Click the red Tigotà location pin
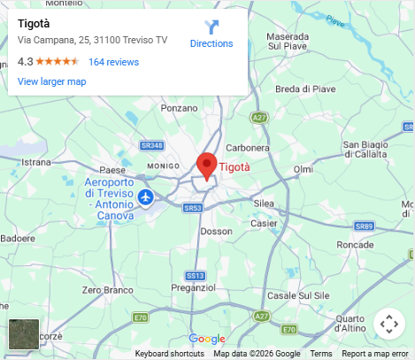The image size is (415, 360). coord(207,165)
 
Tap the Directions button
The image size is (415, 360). coord(211,34)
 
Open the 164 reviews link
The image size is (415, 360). coord(113,62)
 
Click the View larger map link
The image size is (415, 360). coord(51,81)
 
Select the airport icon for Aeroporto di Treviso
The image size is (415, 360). coord(145,196)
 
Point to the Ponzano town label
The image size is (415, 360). coord(180,108)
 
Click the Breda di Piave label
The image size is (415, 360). coord(305,88)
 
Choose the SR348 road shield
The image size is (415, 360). coord(152,145)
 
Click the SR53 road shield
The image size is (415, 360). coord(194,208)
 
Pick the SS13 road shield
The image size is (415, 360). coord(196,275)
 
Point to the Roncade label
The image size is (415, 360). coord(356,243)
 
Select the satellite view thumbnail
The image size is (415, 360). coord(24,334)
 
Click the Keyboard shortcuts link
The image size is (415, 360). coord(169,354)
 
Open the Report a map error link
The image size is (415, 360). coord(375,354)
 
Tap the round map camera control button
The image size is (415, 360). coord(388,324)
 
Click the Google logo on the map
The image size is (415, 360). coord(207,339)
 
